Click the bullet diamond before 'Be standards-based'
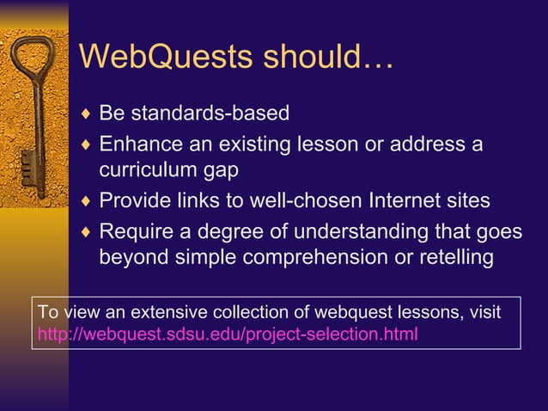(84, 113)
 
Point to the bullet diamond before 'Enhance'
(84, 143)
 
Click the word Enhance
(140, 143)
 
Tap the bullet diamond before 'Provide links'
(84, 201)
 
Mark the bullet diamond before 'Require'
(84, 230)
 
